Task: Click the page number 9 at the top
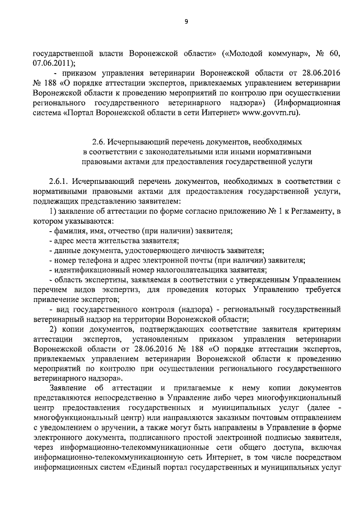pyautogui.click(x=186, y=21)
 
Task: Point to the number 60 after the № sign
pyautogui.click(x=334, y=53)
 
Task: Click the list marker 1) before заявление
pyautogui.click(x=53, y=211)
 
